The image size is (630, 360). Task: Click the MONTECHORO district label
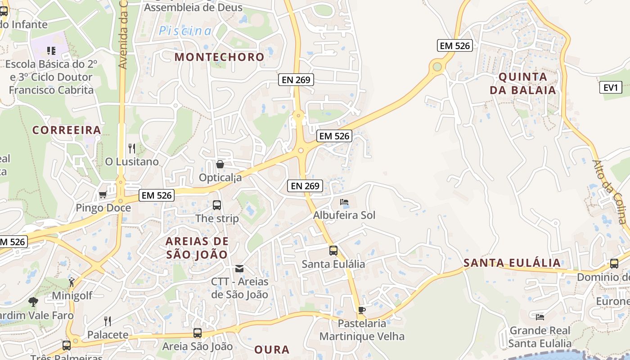click(x=219, y=57)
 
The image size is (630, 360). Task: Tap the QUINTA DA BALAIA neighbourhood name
click(x=523, y=83)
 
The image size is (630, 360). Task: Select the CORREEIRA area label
click(x=67, y=130)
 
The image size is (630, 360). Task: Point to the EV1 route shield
click(x=611, y=87)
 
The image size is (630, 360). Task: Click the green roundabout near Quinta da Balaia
click(x=436, y=67)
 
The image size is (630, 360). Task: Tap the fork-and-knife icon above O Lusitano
click(x=132, y=148)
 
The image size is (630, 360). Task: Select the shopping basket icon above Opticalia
click(x=220, y=164)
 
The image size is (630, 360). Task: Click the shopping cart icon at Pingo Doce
click(x=103, y=195)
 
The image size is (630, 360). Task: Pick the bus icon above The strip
click(x=217, y=205)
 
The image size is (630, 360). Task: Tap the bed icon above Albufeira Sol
click(x=344, y=202)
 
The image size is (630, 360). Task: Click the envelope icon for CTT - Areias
click(x=239, y=269)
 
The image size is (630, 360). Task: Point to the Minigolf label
click(x=72, y=296)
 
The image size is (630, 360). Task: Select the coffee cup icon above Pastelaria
click(x=361, y=310)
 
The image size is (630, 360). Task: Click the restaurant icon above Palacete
click(x=108, y=321)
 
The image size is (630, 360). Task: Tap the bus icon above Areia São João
click(x=197, y=333)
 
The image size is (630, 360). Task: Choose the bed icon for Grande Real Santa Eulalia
click(x=540, y=317)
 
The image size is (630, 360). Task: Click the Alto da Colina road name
click(x=609, y=192)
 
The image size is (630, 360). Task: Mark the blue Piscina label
click(x=185, y=31)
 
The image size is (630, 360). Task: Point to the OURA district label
click(x=271, y=350)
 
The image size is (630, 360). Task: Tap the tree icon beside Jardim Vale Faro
click(x=33, y=302)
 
